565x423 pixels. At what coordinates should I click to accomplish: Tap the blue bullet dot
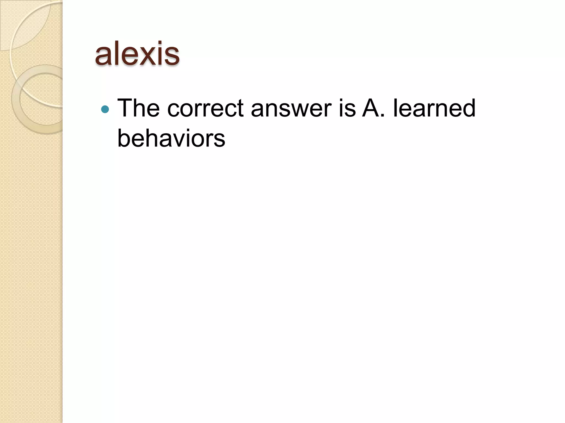click(105, 110)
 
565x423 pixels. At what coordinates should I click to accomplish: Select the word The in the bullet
click(138, 108)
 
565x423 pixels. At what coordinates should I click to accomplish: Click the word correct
click(206, 108)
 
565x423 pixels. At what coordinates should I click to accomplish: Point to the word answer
click(291, 108)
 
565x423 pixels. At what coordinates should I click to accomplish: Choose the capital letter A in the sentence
click(370, 108)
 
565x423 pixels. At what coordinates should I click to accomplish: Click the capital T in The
click(126, 108)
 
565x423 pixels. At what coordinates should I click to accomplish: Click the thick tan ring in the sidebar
click(17, 110)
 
